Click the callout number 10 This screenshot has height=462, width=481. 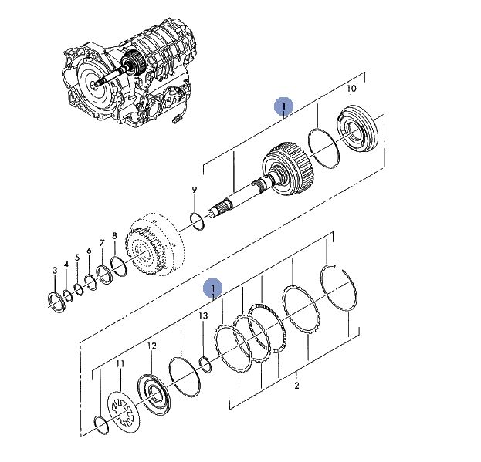pyautogui.click(x=351, y=89)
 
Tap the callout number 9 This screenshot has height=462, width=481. pyautogui.click(x=195, y=190)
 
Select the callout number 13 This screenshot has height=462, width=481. pyautogui.click(x=203, y=316)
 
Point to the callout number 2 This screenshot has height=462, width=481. pyautogui.click(x=296, y=386)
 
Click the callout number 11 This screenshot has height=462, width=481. pyautogui.click(x=120, y=363)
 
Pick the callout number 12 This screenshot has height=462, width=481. pyautogui.click(x=151, y=346)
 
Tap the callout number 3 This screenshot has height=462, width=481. pyautogui.click(x=55, y=270)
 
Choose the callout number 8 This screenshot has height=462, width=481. pyautogui.click(x=114, y=236)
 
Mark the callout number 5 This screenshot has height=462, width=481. pyautogui.click(x=77, y=258)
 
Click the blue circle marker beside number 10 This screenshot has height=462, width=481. pyautogui.click(x=284, y=106)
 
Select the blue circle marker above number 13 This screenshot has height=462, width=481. pyautogui.click(x=213, y=288)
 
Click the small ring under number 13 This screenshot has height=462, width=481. pyautogui.click(x=205, y=363)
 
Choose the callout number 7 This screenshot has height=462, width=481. pyautogui.click(x=101, y=242)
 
